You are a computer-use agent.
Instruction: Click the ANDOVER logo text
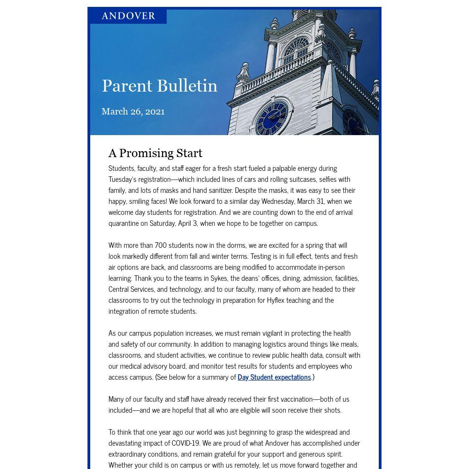(128, 16)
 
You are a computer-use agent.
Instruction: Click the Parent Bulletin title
(159, 86)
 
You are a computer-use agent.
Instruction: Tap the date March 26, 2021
(133, 112)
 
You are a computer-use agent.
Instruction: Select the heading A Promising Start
(155, 153)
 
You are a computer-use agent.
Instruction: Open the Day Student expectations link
(274, 377)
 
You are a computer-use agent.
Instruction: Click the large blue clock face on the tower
(273, 117)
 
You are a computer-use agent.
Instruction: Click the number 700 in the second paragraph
(160, 245)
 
